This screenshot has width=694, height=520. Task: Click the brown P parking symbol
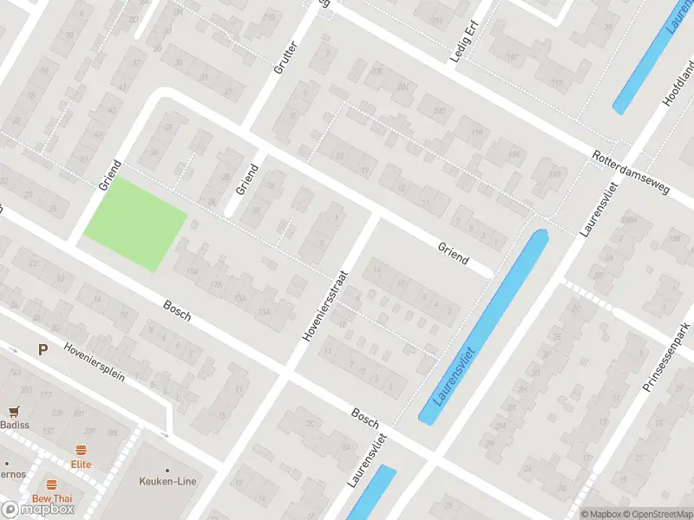[x=42, y=349]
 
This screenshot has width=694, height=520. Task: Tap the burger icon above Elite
[x=81, y=450]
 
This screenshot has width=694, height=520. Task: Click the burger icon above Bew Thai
[x=52, y=484]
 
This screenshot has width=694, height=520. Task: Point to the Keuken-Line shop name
[x=167, y=481]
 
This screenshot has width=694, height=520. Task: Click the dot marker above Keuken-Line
[x=167, y=470]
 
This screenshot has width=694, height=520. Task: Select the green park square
[x=134, y=223]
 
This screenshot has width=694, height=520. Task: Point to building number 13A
[x=265, y=311]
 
